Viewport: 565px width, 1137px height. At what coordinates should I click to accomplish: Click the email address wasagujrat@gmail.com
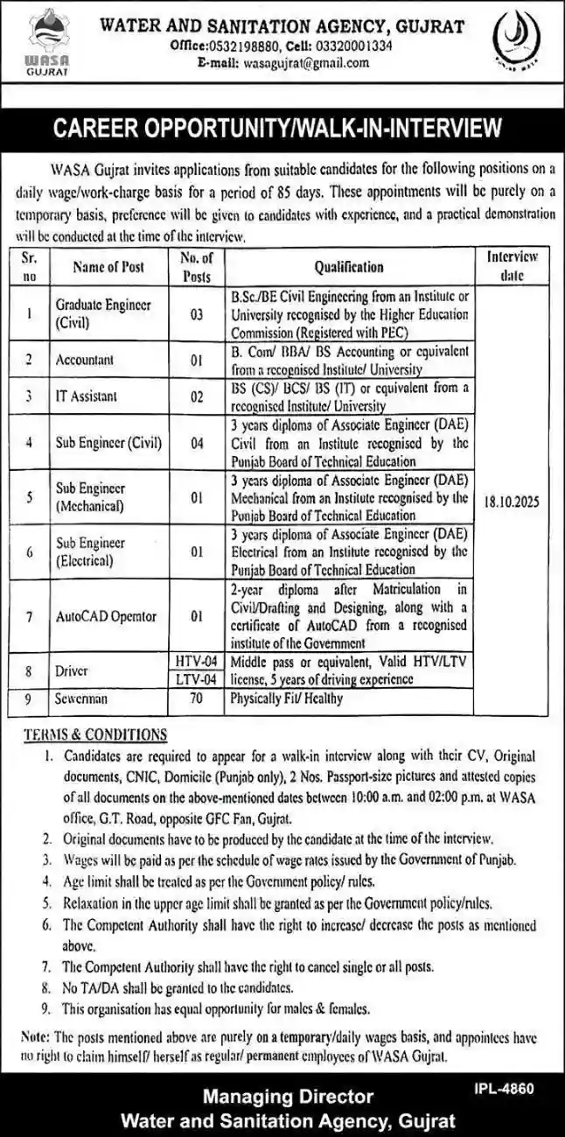click(x=296, y=63)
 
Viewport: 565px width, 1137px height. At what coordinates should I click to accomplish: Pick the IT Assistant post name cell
click(x=86, y=396)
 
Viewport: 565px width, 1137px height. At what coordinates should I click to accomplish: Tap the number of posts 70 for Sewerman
click(x=196, y=699)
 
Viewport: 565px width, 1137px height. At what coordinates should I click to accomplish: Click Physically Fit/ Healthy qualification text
click(x=286, y=699)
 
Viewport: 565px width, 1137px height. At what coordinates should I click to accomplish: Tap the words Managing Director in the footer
click(x=288, y=1096)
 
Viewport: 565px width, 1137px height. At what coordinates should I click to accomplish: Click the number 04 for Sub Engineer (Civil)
click(x=196, y=442)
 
